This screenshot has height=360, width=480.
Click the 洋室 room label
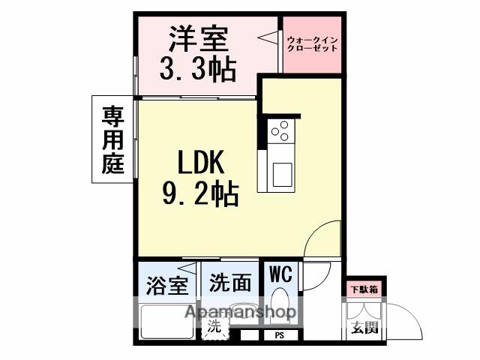point(198,37)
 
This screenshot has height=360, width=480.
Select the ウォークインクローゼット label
point(312,43)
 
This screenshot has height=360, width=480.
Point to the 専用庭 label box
point(112,139)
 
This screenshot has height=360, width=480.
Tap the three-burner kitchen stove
point(280,131)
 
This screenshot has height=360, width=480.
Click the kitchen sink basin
point(283,176)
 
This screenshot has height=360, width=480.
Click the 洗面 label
point(229,283)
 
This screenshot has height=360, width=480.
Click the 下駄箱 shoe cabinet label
point(363,288)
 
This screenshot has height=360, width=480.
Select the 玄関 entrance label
point(362,327)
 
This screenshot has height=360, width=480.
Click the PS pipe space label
point(279,335)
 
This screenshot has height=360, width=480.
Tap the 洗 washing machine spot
point(214,326)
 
